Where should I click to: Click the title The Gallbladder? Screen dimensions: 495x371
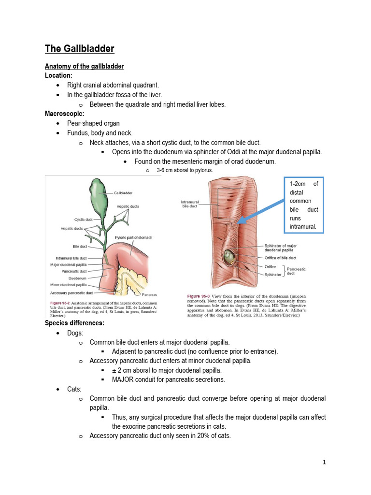79,48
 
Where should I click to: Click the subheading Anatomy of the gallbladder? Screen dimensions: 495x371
84,66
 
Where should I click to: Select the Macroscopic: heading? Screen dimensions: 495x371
65,114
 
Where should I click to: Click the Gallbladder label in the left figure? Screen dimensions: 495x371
123,192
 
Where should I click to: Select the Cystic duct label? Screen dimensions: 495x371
84,219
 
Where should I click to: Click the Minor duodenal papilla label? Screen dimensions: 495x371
68,286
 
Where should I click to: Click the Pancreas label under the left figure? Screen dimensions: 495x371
149,294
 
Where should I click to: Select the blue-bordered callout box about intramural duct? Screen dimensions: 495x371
303,205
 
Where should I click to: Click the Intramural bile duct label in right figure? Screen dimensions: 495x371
190,204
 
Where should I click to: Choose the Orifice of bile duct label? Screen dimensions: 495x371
281,258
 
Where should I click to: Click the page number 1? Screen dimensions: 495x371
325,462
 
